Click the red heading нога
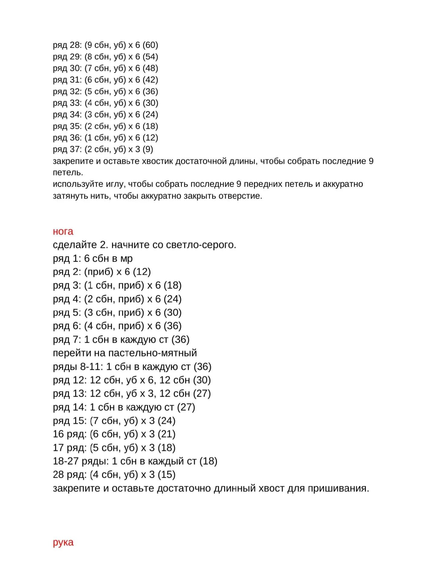[63, 231]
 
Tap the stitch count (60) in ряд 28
[150, 45]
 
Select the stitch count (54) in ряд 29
[150, 57]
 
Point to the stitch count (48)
[150, 68]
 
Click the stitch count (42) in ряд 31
[150, 80]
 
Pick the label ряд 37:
[67, 149]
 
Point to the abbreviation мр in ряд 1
[127, 259]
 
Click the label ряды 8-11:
[78, 367]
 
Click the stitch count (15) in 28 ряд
[166, 474]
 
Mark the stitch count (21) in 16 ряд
[166, 434]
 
